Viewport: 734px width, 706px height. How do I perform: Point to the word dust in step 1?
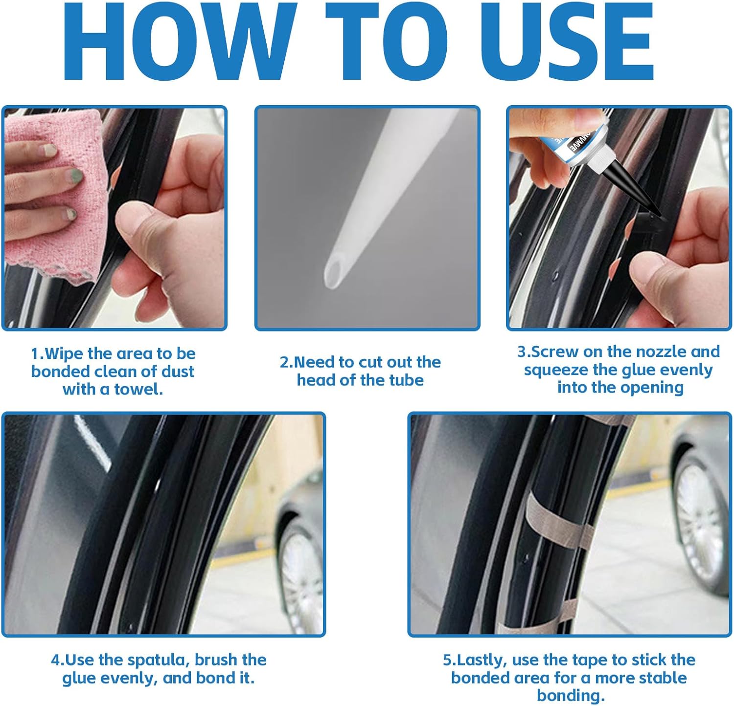(177, 372)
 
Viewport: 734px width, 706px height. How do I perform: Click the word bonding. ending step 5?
(571, 696)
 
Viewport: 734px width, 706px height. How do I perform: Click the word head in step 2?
(316, 380)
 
